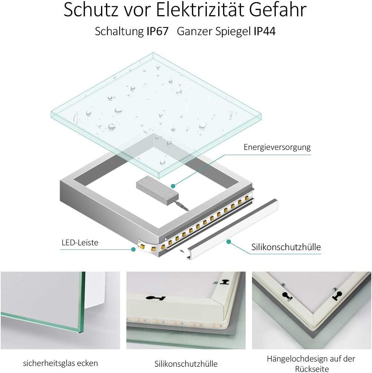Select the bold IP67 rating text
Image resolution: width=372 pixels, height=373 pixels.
[158, 31]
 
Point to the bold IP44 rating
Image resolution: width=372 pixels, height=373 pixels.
[265, 31]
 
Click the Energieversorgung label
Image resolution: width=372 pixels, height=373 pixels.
[277, 147]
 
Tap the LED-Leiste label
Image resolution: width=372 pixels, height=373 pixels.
[80, 243]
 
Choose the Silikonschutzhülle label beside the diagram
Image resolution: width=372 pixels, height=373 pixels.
[286, 247]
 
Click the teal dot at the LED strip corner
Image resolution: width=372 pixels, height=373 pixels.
[133, 249]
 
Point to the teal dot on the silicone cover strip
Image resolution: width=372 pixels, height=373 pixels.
[229, 242]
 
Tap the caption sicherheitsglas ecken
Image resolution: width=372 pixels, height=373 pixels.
[60, 363]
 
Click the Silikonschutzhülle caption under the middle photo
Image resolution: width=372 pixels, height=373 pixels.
[186, 364]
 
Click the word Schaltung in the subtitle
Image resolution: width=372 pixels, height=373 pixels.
[119, 31]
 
